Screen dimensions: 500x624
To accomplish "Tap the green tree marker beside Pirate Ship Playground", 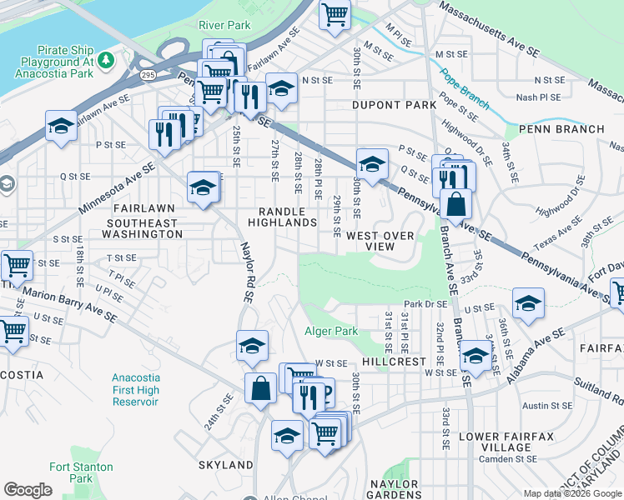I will [105, 60].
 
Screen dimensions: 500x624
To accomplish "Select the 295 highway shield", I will [148, 75].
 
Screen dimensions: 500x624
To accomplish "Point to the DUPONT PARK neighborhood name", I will [394, 106].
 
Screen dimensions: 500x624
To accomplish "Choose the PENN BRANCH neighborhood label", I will [561, 129].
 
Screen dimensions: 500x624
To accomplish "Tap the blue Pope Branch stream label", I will [465, 89].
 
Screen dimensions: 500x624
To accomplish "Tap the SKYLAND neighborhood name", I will [225, 464].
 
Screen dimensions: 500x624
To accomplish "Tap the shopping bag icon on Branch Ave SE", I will [456, 204].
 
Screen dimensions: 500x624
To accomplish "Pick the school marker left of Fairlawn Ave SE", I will [60, 126].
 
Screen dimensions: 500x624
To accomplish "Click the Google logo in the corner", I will [28, 490].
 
